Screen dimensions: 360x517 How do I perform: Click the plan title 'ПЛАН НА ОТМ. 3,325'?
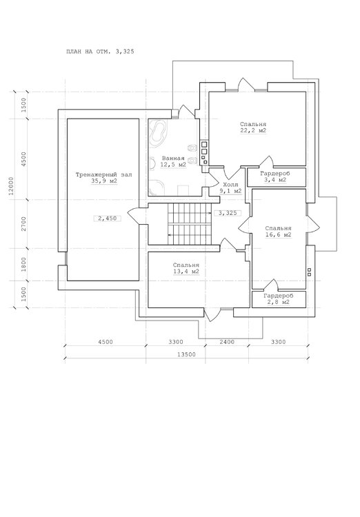(100, 52)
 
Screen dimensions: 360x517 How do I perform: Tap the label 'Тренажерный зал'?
(104, 175)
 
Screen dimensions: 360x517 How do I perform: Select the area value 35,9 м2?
(105, 181)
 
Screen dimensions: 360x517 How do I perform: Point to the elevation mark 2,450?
(107, 219)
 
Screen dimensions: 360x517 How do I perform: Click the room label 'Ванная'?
(173, 159)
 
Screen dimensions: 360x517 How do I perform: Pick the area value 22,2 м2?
(253, 130)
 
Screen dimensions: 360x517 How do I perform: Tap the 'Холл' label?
(230, 185)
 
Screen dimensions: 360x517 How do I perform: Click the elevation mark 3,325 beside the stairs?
(228, 213)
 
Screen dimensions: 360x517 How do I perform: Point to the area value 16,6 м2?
(278, 235)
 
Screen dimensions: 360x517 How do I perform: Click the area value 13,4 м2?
(186, 272)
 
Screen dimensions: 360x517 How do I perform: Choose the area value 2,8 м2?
(279, 302)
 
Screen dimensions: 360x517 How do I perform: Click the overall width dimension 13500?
(186, 355)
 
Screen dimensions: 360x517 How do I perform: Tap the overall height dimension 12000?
(11, 187)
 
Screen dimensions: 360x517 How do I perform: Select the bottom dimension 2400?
(227, 342)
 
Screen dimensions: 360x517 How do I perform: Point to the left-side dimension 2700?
(23, 223)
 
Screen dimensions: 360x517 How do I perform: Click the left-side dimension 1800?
(23, 265)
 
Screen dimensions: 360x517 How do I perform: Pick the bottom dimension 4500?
(106, 342)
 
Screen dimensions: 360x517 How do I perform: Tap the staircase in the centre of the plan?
(189, 224)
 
